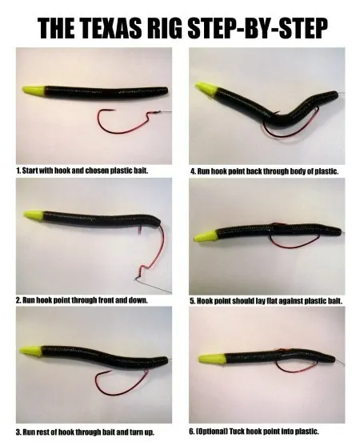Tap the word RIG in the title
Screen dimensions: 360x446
point(163,29)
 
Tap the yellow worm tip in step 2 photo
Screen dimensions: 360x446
point(34,215)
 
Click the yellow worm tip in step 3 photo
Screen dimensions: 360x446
point(30,351)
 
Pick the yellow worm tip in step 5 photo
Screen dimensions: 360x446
point(205,235)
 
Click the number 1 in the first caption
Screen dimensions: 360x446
point(18,171)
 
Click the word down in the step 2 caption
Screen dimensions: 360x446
point(139,300)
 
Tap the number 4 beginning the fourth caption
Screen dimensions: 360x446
point(193,171)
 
